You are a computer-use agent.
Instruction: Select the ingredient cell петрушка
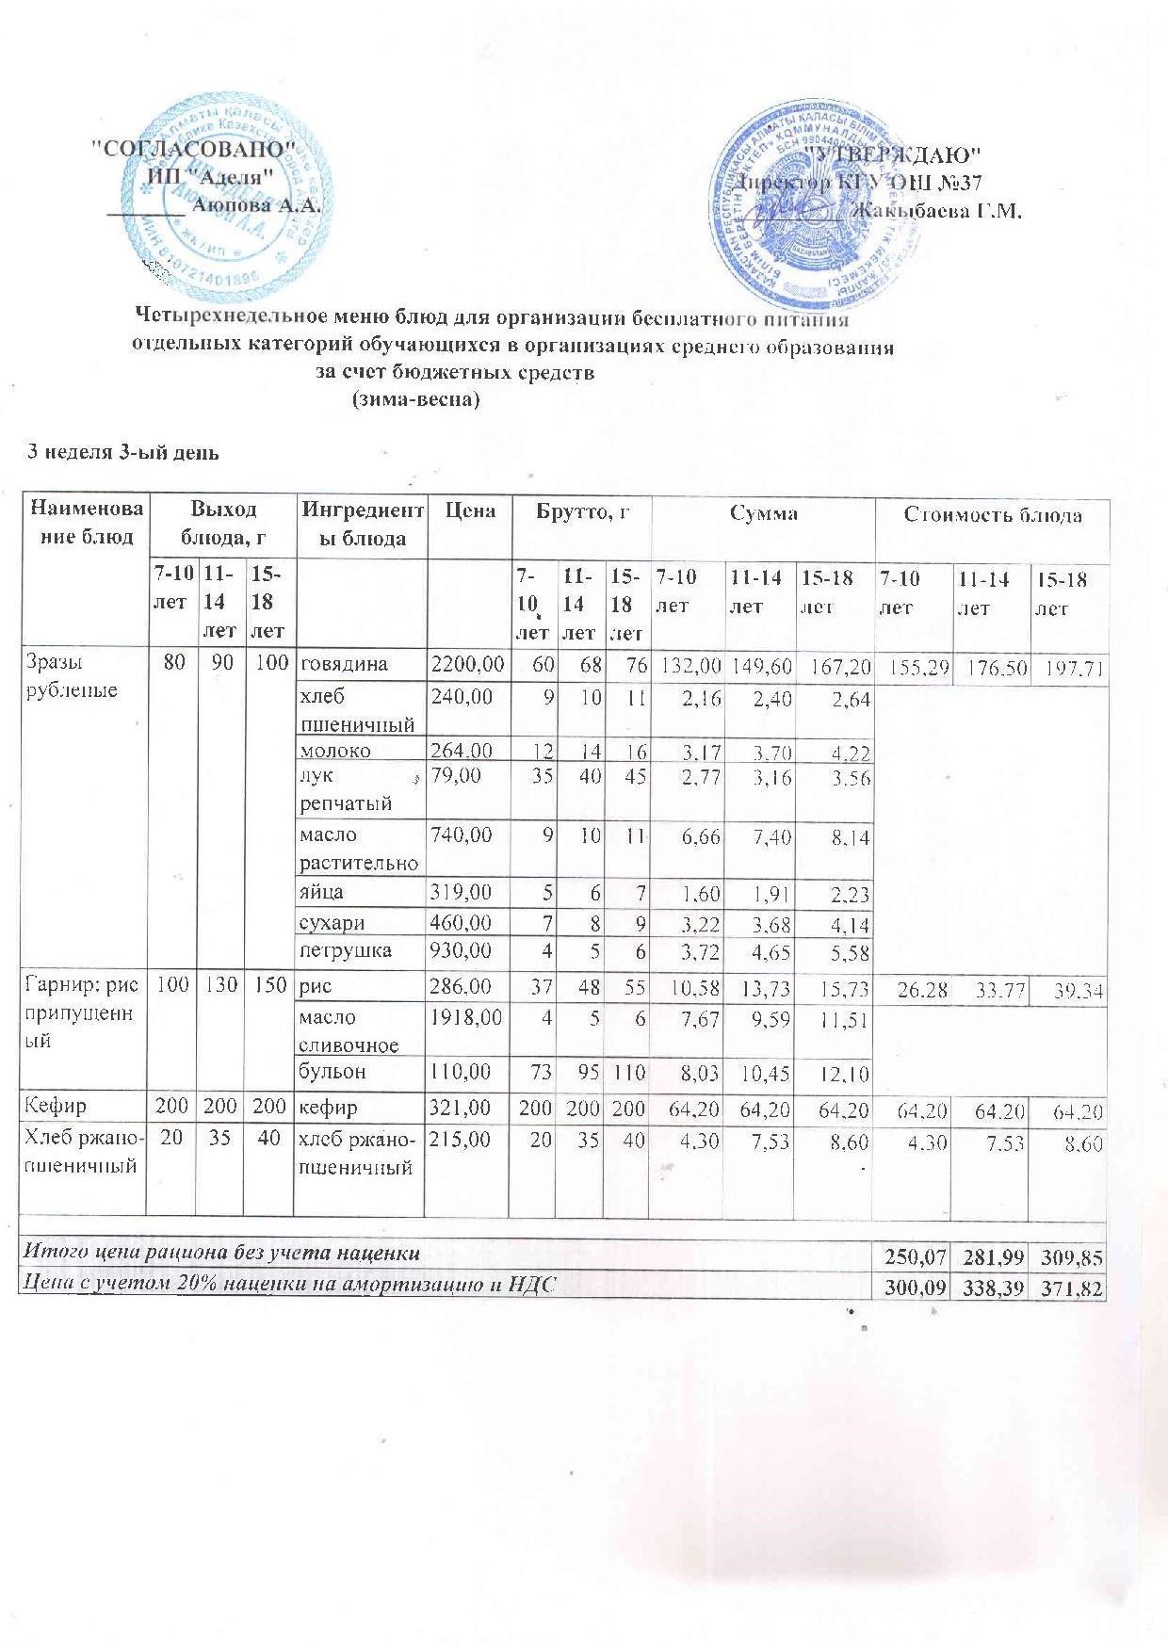pyautogui.click(x=345, y=950)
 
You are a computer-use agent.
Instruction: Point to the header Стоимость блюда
pyautogui.click(x=993, y=514)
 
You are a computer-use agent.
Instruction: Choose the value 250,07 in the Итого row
pyautogui.click(x=909, y=1255)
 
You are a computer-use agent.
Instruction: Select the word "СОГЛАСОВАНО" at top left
pyautogui.click(x=199, y=149)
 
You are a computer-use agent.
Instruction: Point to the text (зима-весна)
pyautogui.click(x=415, y=399)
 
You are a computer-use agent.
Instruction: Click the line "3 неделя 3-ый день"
pyautogui.click(x=122, y=453)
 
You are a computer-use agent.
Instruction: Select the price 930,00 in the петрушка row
pyautogui.click(x=462, y=950)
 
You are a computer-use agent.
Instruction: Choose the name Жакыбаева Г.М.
pyautogui.click(x=936, y=211)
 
